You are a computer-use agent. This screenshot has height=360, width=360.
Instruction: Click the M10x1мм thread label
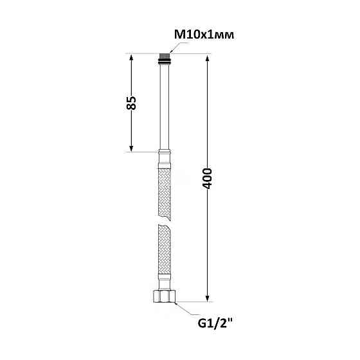(x=204, y=35)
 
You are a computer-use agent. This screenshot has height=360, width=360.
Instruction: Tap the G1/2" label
(x=215, y=324)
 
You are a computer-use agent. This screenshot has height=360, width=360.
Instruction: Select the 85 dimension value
(x=131, y=103)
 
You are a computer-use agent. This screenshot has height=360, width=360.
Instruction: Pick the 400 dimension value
(x=207, y=179)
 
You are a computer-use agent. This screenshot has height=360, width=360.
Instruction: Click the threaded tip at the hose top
(x=165, y=57)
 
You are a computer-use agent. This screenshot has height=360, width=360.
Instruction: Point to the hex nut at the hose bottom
(x=164, y=296)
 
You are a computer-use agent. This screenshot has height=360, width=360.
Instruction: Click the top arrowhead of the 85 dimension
(x=131, y=57)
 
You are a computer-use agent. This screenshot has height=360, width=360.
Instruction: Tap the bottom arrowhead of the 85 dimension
(x=131, y=148)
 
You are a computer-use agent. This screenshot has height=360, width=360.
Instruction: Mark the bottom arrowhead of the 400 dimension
(x=207, y=298)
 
